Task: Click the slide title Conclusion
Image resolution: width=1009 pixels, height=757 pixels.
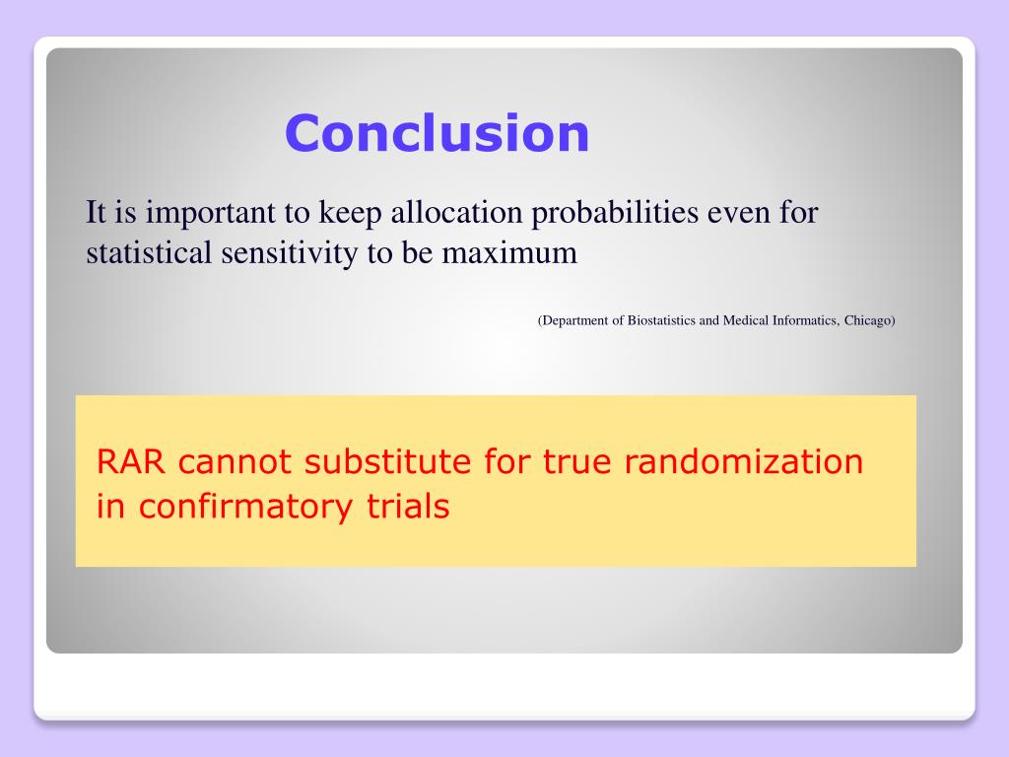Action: point(437,133)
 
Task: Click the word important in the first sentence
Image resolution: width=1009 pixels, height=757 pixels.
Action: point(210,213)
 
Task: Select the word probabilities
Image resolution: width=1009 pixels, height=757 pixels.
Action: point(615,213)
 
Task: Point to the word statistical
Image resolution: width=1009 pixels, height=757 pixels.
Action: point(149,252)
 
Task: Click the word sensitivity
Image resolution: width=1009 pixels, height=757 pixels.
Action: point(290,253)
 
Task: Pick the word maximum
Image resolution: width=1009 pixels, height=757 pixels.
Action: point(509,253)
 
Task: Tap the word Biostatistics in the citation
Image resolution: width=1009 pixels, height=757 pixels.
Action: point(661,320)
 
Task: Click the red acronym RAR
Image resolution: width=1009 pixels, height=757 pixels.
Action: point(131,461)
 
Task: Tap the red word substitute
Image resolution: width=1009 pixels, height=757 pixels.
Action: point(387,461)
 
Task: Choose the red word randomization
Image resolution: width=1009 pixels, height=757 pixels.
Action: point(743,461)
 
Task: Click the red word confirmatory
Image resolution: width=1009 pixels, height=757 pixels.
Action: point(245,506)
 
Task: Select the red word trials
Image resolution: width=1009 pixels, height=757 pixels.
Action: point(408,506)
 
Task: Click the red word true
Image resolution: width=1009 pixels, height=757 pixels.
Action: point(577,463)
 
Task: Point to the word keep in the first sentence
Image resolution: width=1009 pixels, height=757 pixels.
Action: point(350,213)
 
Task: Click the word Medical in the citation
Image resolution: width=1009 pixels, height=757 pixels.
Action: point(746,320)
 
